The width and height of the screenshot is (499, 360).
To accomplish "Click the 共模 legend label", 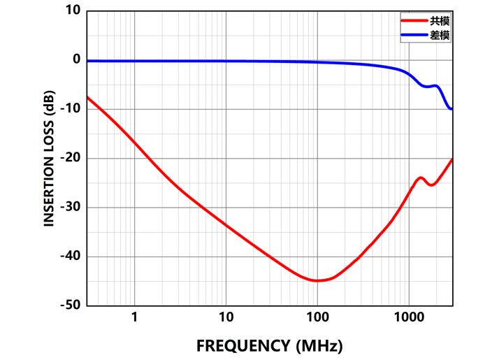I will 440,22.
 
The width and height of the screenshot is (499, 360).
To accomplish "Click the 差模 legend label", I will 440,35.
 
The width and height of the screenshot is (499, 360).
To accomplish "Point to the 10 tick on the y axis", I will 73,11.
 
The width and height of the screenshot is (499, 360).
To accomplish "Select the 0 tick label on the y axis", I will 77,60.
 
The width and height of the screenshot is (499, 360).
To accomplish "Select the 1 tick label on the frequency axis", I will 133,317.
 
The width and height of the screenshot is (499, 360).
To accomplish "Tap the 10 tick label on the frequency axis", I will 225,317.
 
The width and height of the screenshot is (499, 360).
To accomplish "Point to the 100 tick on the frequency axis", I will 317,317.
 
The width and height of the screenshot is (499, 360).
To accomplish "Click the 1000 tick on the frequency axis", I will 408,317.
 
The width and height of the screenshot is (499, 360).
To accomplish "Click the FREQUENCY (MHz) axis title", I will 269,345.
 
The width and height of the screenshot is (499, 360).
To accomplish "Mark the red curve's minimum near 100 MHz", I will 317,280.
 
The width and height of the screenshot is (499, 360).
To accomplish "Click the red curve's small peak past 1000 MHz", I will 421,178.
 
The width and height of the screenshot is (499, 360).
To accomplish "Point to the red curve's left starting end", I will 87,96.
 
